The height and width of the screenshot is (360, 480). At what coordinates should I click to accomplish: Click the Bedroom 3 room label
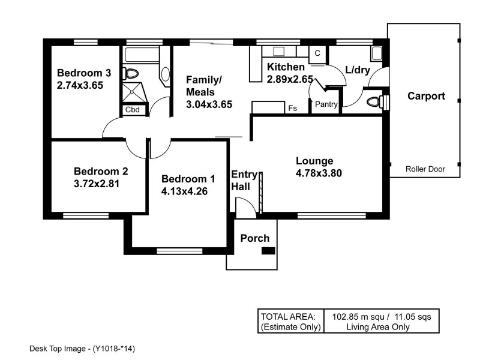(x=84, y=73)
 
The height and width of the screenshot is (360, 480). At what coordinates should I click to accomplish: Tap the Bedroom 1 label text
(x=188, y=179)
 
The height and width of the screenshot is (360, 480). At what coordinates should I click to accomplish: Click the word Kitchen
(x=286, y=67)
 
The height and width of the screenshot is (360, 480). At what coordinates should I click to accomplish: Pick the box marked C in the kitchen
(x=317, y=53)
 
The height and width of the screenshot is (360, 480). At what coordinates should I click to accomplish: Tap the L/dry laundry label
(x=357, y=70)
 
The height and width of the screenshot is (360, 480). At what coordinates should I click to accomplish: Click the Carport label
(x=426, y=96)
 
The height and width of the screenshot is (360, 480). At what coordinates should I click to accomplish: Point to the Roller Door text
(x=425, y=169)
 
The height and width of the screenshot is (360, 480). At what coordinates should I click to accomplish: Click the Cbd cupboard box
(x=132, y=110)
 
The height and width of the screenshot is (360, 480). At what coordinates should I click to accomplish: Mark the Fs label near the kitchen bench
(x=293, y=109)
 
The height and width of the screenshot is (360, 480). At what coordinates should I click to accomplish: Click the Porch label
(x=255, y=238)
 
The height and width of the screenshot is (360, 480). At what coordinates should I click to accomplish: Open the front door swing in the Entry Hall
(x=245, y=208)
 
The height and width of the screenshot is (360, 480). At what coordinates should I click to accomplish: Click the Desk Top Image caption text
(x=85, y=347)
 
